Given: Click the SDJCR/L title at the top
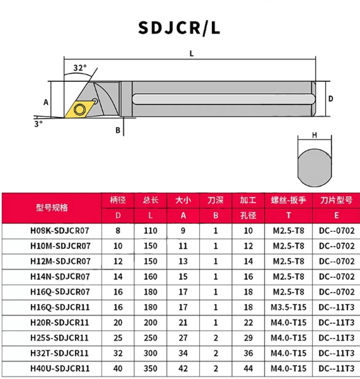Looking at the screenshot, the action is [179, 28].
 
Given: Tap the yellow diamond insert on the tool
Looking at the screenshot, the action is [80, 109].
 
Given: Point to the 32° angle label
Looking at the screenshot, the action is [80, 68].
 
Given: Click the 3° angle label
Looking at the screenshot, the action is [38, 124].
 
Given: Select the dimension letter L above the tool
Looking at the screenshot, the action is [192, 54].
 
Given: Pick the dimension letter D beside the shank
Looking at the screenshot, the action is [330, 99].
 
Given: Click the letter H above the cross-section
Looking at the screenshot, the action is [314, 135].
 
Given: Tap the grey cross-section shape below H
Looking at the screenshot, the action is [315, 168].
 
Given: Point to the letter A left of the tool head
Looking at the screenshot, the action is [46, 102].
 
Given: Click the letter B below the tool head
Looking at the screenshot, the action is [118, 130].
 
